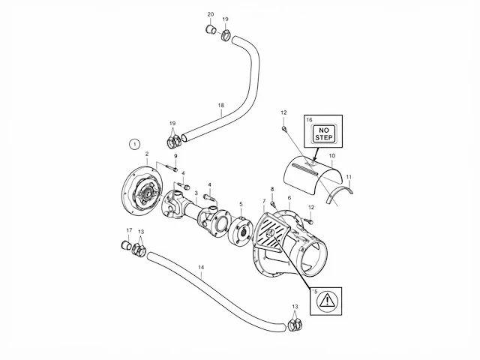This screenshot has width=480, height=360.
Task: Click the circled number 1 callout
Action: [134, 144]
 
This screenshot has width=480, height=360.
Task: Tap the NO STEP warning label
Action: [323, 133]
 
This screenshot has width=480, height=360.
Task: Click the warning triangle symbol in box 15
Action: [327, 300]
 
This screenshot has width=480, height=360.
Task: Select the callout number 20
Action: [211, 14]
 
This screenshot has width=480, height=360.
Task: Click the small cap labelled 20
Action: [210, 29]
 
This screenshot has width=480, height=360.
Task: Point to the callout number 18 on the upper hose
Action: [221, 105]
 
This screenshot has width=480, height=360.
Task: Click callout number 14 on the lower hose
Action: [201, 267]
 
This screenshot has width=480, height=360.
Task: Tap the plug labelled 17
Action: [125, 245]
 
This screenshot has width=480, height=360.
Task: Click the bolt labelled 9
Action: [172, 168]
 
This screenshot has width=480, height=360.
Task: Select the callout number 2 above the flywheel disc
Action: [147, 154]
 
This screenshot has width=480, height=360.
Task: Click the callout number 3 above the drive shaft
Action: [196, 193]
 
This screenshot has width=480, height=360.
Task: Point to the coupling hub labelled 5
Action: [240, 230]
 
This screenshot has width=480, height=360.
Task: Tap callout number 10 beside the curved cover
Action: [332, 156]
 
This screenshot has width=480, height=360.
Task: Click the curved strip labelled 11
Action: [340, 192]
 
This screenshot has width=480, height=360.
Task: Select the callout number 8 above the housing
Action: [272, 189]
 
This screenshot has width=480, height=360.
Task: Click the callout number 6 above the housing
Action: [289, 198]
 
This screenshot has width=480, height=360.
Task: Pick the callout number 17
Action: [129, 230]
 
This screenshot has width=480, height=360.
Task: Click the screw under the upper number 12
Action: [284, 128]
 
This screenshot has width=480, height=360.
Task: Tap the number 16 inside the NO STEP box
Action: [310, 120]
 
